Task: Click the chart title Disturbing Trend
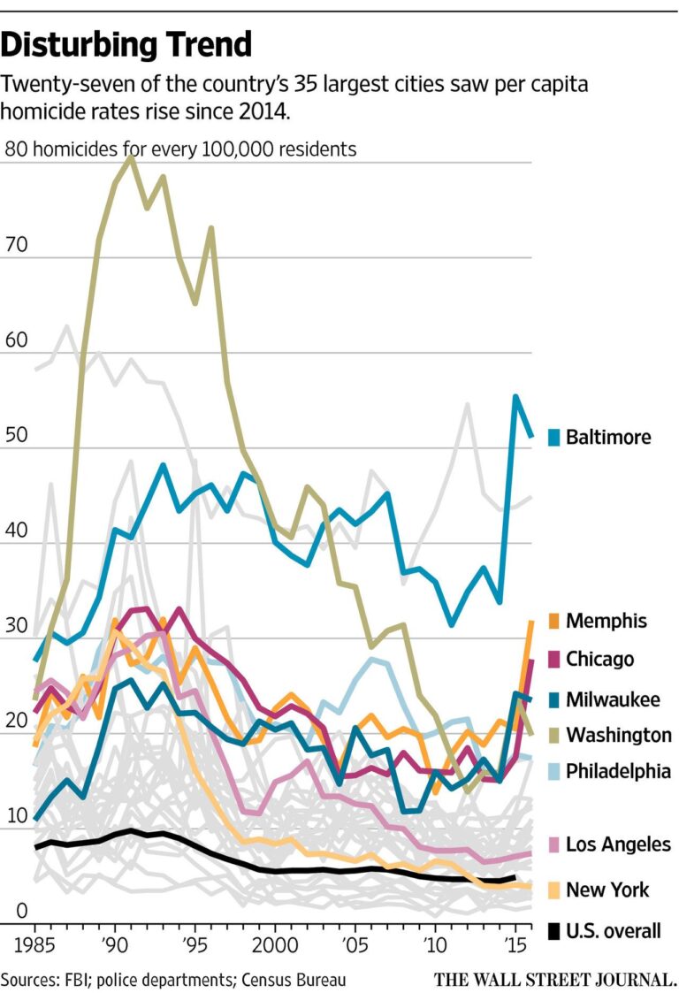[x=127, y=43]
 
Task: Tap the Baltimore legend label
[x=608, y=437]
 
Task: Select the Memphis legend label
[x=606, y=621]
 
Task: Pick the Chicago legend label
[x=599, y=659]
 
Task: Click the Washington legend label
[x=618, y=735]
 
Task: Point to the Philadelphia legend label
[x=618, y=771]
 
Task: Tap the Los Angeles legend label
[x=618, y=844]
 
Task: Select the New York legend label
[x=608, y=890]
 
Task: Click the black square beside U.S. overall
[x=554, y=931]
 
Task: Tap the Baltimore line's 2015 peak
[x=515, y=397]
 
